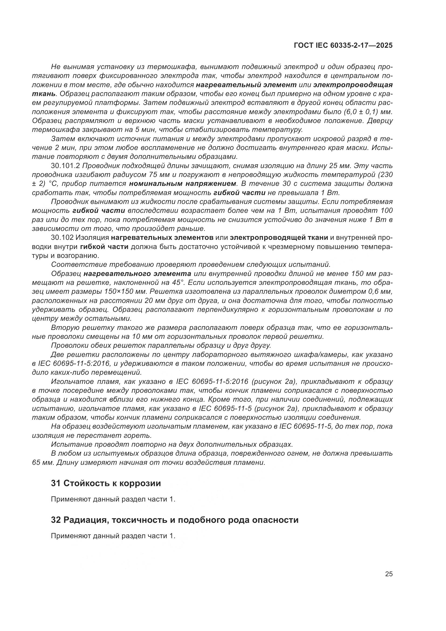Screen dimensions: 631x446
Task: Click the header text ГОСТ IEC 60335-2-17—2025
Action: [x=343, y=46]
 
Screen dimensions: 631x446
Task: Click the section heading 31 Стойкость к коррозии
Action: [x=106, y=483]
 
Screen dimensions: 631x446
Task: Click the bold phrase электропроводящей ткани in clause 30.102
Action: [x=279, y=237]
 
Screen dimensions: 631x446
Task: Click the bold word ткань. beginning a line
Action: [x=44, y=94]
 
